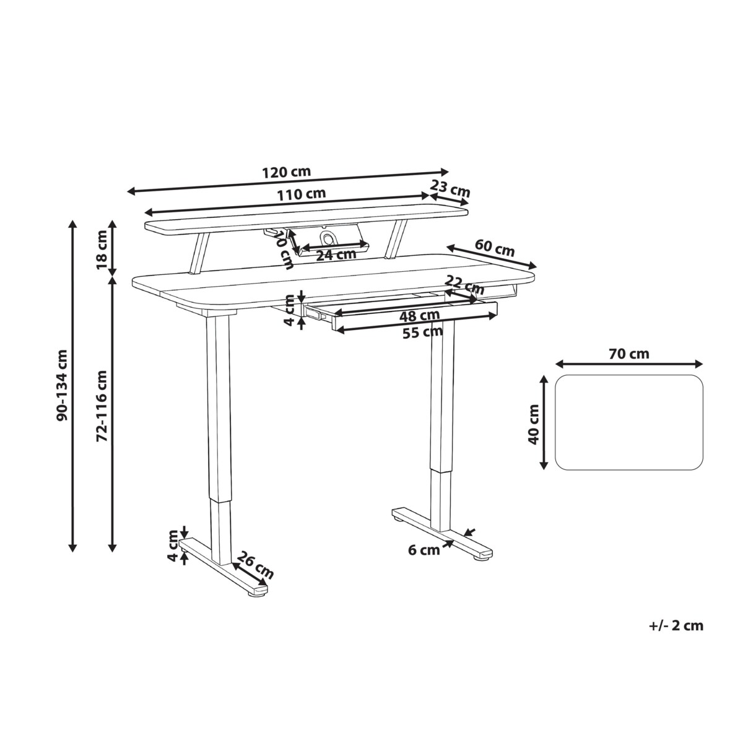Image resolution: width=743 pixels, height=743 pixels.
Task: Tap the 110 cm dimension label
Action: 302,194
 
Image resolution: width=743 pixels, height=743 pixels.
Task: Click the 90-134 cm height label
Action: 62,385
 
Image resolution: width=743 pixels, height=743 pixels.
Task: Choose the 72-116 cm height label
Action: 103,406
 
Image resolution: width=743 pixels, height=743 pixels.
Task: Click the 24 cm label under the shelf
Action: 336,254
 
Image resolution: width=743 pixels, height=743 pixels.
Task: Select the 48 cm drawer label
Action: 419,315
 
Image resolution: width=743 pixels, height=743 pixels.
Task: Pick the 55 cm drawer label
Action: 423,332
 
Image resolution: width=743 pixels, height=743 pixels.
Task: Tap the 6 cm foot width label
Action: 424,549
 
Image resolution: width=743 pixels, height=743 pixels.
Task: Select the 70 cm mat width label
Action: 629,354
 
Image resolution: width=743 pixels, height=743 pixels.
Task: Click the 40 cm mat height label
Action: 533,424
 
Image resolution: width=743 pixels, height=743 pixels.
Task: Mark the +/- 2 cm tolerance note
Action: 676,625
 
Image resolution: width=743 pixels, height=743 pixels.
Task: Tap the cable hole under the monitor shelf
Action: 326,238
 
